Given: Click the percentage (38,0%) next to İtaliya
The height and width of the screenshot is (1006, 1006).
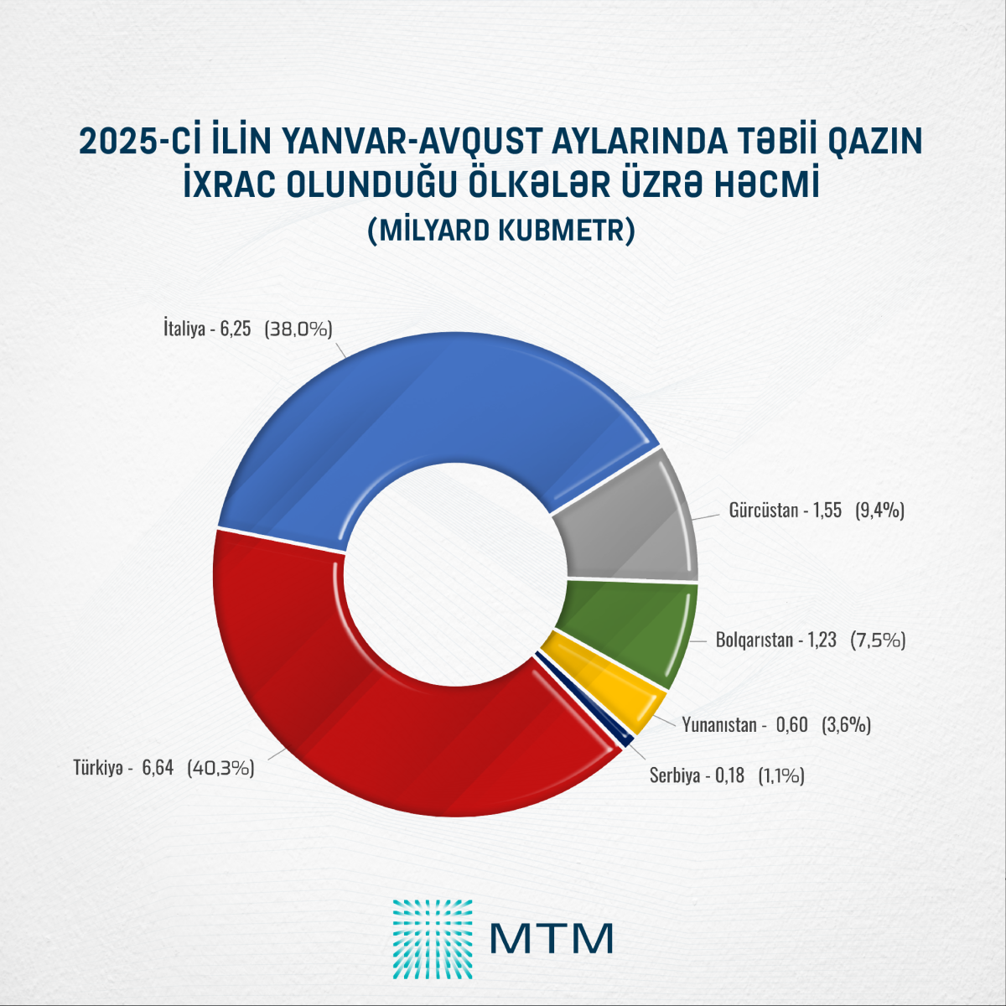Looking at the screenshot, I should (x=298, y=329).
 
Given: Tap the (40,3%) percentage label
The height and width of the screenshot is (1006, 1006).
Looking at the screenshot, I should (x=220, y=767).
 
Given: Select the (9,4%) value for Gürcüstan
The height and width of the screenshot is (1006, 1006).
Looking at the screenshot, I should (x=879, y=511).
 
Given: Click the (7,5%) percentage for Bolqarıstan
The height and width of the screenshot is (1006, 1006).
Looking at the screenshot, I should (x=878, y=640).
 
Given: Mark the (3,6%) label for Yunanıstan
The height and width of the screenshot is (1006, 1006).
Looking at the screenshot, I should (x=846, y=725).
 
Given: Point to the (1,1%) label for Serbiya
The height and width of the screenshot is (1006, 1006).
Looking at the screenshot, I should (x=781, y=776).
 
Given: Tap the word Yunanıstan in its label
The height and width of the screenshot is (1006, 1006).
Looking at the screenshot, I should (x=719, y=725).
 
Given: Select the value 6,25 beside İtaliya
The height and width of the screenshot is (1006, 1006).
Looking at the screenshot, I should (x=236, y=329).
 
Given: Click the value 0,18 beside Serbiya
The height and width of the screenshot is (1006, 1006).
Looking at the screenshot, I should (x=729, y=776).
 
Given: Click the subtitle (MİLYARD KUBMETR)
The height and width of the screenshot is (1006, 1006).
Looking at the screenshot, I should (x=501, y=231).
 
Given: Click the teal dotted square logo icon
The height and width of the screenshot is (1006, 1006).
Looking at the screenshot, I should (x=433, y=939).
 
